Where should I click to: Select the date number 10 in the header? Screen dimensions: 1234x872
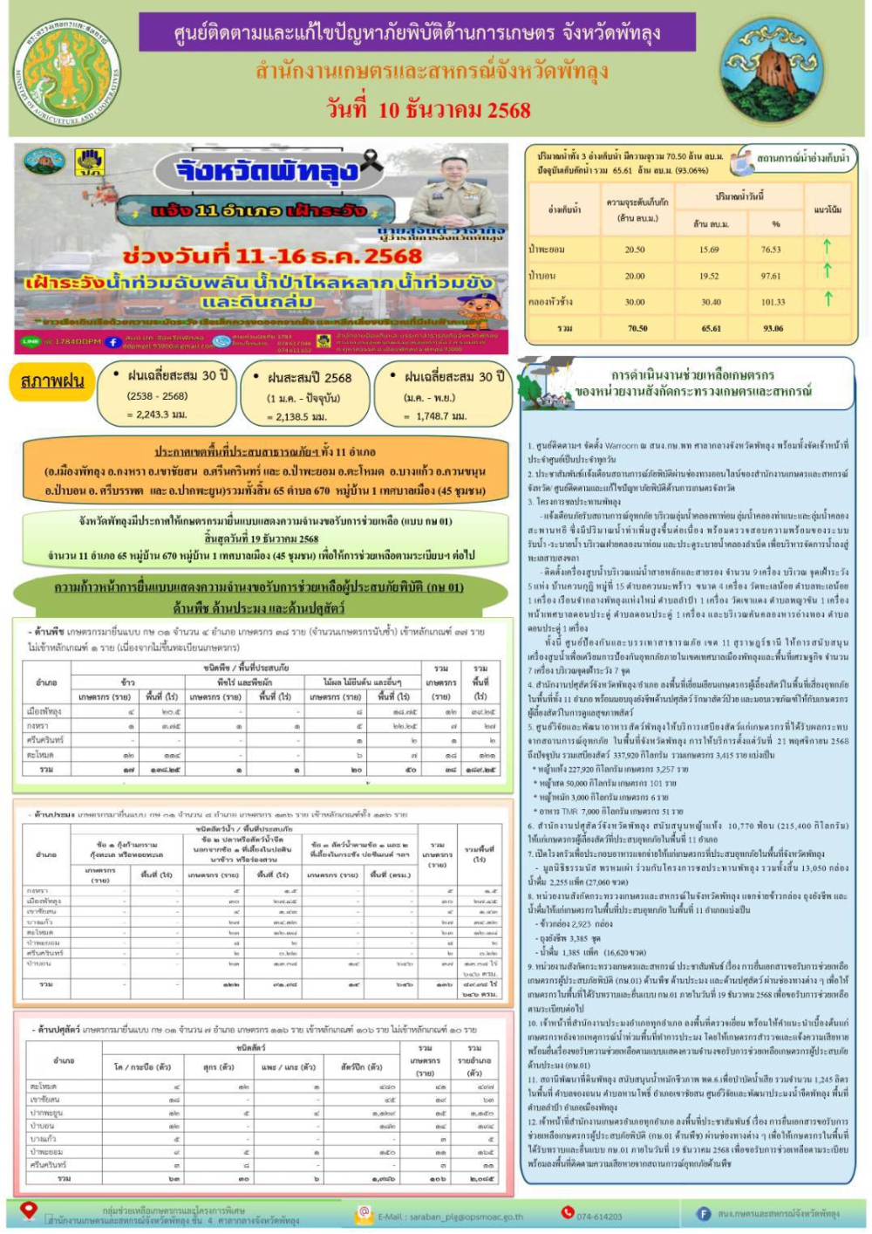coord(388,110)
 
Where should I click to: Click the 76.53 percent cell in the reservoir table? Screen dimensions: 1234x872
coord(771,250)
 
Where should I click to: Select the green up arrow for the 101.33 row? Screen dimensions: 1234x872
coord(828,299)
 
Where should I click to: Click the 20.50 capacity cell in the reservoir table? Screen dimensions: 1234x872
coord(635,250)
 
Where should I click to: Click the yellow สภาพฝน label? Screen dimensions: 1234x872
coord(52,381)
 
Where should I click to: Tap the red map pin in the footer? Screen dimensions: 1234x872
coord(30,1210)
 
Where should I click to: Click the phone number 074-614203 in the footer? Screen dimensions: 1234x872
coord(599,1216)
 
